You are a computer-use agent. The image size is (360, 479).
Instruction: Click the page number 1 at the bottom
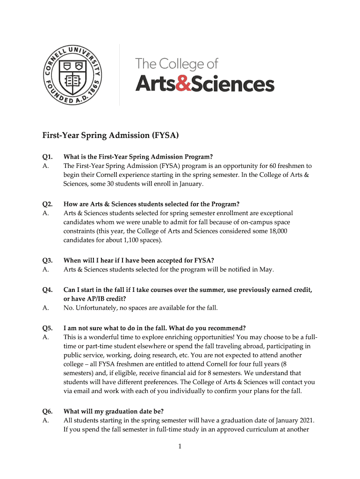click(x=180, y=447)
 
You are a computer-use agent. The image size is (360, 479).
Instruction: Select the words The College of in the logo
click(x=177, y=63)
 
